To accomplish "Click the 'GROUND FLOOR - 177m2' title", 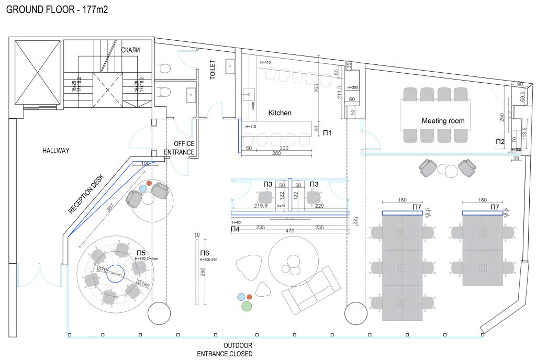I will (57, 9).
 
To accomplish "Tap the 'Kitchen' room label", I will (280, 113).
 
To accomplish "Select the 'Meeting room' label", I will (443, 121).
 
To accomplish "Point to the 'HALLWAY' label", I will (56, 151).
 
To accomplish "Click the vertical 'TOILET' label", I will (213, 69).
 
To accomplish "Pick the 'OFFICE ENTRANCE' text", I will (180, 148).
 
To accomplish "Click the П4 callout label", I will (235, 229).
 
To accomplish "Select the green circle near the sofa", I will (247, 306).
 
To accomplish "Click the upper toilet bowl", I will (164, 69).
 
